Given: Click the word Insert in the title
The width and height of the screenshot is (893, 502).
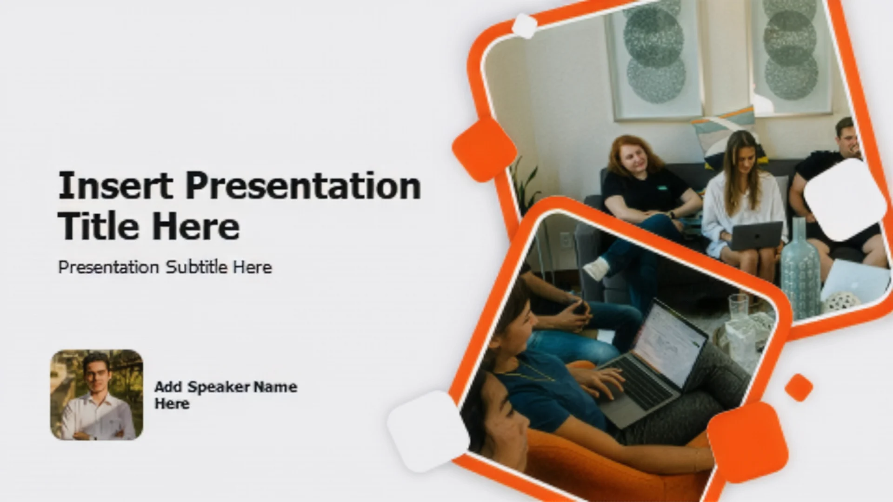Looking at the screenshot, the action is pyautogui.click(x=116, y=185).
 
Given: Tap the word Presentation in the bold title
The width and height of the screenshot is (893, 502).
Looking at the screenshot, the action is pyautogui.click(x=303, y=185).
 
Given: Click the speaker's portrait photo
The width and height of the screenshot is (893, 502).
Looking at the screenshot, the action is pyautogui.click(x=97, y=395).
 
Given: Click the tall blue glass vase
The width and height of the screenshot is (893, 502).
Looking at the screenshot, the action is pyautogui.click(x=800, y=267).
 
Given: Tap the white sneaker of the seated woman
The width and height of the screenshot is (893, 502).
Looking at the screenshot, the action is pyautogui.click(x=596, y=268).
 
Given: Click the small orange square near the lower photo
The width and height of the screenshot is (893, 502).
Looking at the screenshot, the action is pyautogui.click(x=799, y=387).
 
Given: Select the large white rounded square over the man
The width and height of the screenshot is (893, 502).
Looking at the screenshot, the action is pyautogui.click(x=845, y=200).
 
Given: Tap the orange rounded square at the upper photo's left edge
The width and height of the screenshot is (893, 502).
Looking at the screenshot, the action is pyautogui.click(x=484, y=149).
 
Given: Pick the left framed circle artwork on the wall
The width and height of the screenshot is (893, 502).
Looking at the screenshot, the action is pyautogui.click(x=655, y=58).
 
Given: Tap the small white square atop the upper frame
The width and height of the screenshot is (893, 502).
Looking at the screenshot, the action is pyautogui.click(x=525, y=26).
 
